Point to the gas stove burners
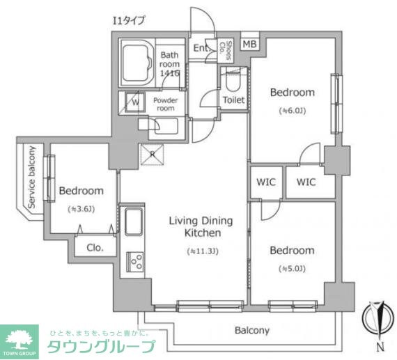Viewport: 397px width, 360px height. pos(135,263)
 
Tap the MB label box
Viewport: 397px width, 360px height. pos(249,44)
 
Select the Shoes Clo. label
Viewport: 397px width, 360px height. pos(226,47)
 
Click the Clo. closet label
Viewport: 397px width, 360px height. pos(95,246)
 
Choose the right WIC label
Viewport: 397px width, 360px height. pos(306,182)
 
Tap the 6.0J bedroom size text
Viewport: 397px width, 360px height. pos(292,110)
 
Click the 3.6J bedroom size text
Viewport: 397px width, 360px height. pos(81,209)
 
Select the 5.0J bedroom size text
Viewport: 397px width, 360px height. pos(292,268)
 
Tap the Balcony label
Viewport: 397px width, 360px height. pos(251,331)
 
